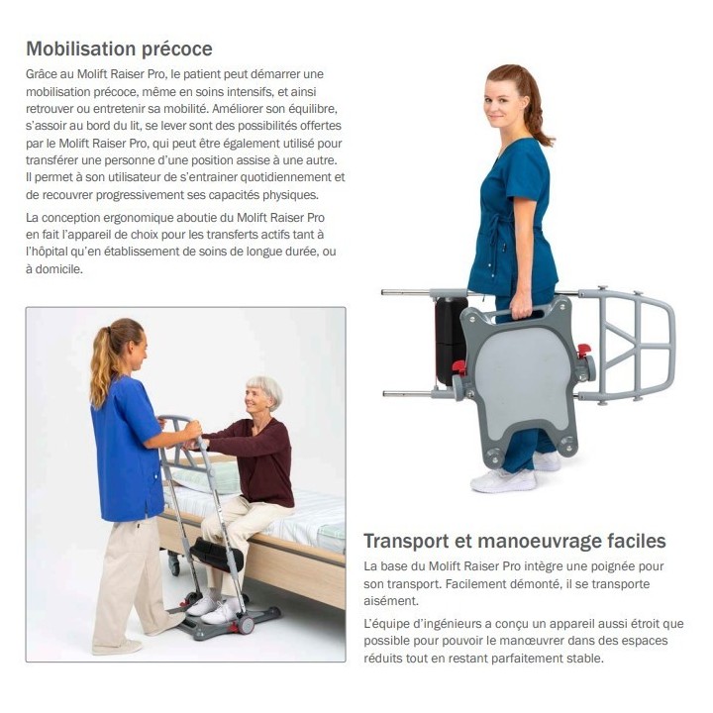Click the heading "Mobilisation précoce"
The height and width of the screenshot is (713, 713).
(x=119, y=49)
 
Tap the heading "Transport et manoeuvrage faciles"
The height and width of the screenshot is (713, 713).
(x=514, y=541)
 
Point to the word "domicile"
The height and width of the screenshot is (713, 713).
(x=59, y=269)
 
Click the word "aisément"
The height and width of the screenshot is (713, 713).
(x=390, y=601)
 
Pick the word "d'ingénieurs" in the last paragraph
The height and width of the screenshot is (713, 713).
(x=436, y=624)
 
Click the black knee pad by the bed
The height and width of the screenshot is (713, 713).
(x=217, y=555)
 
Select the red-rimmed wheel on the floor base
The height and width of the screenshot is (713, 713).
(x=246, y=624)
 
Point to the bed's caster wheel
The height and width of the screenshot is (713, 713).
(x=174, y=564)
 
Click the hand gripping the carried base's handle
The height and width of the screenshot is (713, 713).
(x=522, y=312)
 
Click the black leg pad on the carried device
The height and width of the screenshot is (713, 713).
(x=451, y=340)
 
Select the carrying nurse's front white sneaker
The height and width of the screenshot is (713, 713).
(x=503, y=480)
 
